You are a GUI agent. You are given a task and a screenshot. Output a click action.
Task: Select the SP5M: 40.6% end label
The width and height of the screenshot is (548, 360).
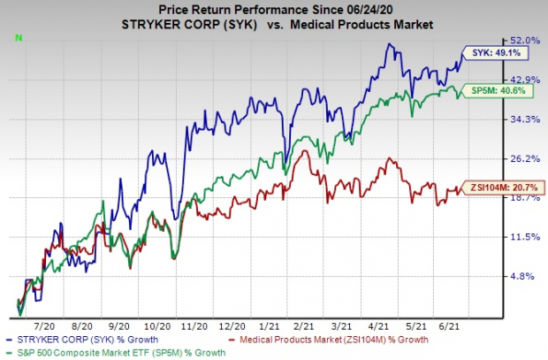(500, 90)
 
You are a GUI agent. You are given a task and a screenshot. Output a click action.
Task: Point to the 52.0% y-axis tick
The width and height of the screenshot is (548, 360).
(525, 41)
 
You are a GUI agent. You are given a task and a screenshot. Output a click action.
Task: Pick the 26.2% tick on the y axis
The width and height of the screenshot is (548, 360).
(525, 159)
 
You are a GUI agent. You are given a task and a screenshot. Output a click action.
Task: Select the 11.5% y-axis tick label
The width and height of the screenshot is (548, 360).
(525, 237)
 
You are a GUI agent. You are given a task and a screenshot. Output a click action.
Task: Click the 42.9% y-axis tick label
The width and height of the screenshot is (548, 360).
(525, 80)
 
